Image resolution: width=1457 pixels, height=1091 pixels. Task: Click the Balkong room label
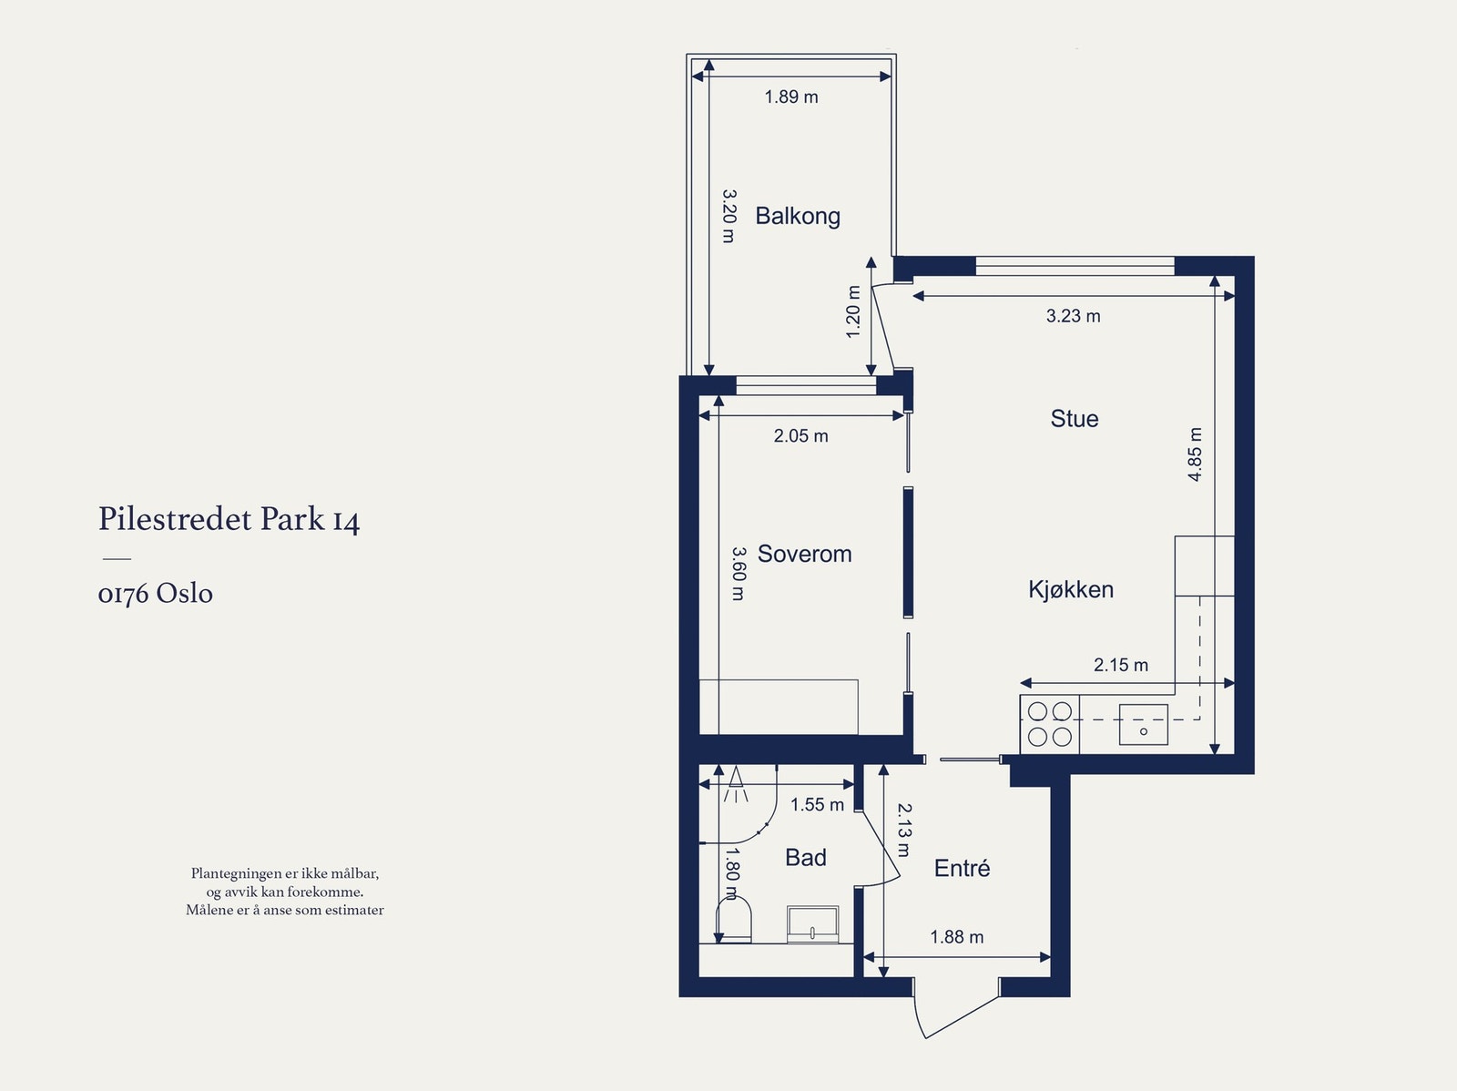(797, 217)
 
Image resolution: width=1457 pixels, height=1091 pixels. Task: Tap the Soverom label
(804, 554)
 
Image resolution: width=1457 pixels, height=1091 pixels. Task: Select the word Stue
(1074, 419)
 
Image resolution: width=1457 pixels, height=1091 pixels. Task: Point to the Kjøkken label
(1071, 589)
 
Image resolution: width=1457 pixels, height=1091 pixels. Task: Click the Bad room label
(806, 857)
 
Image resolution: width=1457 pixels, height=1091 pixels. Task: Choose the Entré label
(962, 867)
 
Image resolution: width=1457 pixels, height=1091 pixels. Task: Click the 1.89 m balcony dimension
(791, 97)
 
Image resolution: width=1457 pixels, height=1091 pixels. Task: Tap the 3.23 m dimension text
(1074, 316)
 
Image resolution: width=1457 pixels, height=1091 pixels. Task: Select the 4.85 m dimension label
(1195, 454)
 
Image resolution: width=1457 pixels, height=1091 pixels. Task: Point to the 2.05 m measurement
(800, 436)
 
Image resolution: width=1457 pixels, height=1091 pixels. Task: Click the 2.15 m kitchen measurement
(1120, 665)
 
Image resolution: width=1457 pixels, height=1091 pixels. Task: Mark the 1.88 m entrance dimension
(956, 937)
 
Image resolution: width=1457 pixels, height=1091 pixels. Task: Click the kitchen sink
(1143, 725)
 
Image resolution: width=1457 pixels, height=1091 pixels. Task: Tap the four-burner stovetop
(1049, 724)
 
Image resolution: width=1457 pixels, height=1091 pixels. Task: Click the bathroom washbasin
(812, 924)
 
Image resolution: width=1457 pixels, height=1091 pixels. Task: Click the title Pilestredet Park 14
(229, 519)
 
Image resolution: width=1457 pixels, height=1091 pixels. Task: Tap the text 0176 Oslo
(156, 593)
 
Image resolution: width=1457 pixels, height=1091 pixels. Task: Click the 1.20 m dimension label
(853, 311)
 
